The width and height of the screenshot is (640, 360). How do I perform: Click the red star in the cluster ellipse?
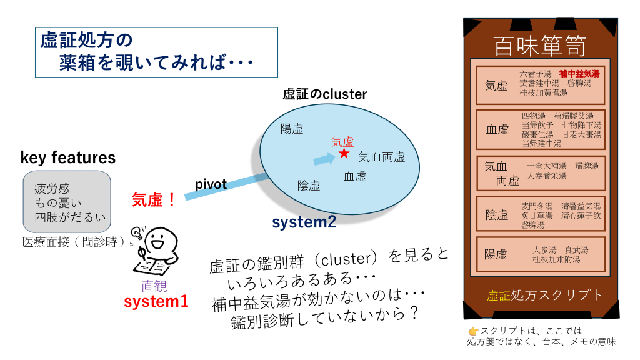coord(344,152)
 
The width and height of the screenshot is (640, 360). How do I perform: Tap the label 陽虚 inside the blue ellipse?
coord(292,129)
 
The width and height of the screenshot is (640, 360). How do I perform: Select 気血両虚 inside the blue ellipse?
coord(382,157)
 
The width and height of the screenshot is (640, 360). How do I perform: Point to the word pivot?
coord(211,184)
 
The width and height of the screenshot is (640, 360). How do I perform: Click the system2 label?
coord(304,222)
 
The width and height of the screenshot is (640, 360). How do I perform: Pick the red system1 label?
coord(156,301)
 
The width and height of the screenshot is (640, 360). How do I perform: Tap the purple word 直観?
coord(154,286)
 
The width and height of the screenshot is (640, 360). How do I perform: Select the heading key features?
coord(68,157)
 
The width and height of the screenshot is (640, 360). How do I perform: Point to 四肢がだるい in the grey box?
coord(71,217)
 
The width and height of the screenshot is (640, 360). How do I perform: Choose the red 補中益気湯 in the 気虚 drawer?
coord(579,74)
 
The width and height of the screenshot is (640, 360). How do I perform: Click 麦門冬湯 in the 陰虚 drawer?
coord(537,206)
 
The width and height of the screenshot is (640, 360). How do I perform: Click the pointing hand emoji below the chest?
coord(473,331)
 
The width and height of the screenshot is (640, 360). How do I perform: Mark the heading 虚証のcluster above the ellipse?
coord(325,94)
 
